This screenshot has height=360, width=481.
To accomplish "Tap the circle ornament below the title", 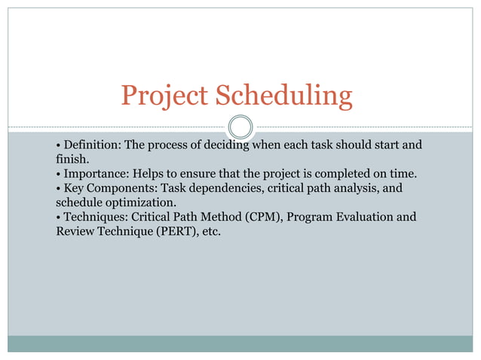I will (240, 127).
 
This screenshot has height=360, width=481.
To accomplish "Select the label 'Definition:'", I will (91, 144).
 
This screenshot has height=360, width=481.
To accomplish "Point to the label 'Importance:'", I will (95, 173).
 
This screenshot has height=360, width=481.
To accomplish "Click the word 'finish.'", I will (72, 159).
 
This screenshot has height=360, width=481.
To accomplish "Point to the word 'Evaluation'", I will (363, 218).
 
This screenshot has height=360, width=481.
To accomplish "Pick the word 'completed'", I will (332, 173).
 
